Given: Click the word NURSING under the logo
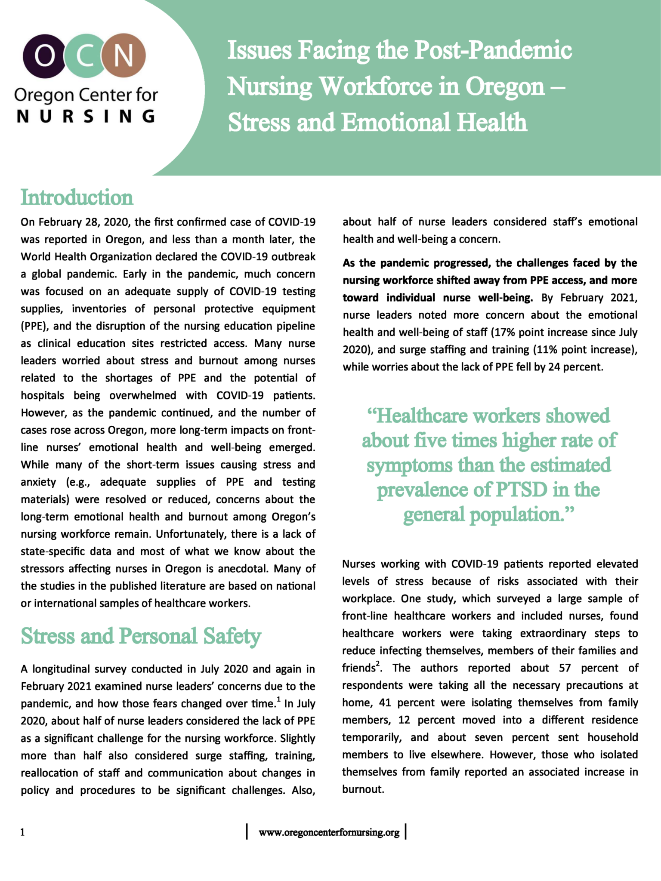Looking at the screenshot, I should point(86,116).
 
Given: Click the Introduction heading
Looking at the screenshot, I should point(77,198).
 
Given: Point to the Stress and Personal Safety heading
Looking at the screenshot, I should point(141,636).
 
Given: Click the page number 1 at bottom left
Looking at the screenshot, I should point(22,832).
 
